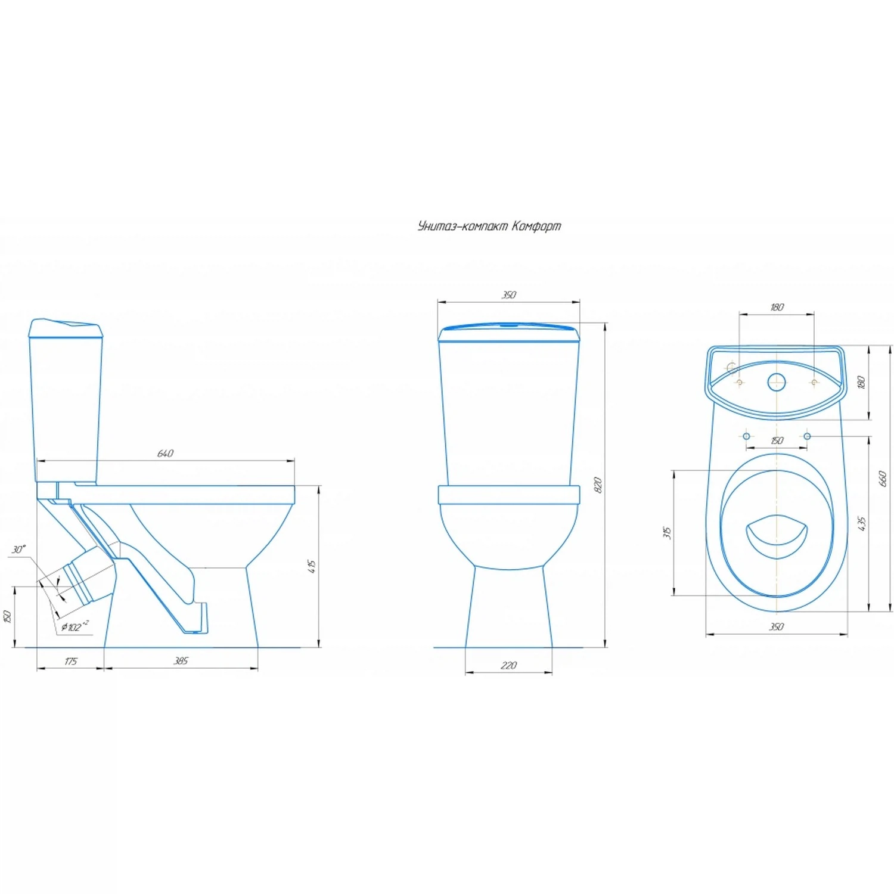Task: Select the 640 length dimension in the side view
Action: coord(165,454)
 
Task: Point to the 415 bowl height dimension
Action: coord(311,566)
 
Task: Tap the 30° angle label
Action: coord(19,549)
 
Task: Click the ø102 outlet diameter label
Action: coord(75,626)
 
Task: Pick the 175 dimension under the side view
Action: coord(70,661)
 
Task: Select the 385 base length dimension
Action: coord(181,661)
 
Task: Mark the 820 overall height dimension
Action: coord(598,485)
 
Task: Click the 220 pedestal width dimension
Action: coord(508,665)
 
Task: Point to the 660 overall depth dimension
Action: coord(883,479)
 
